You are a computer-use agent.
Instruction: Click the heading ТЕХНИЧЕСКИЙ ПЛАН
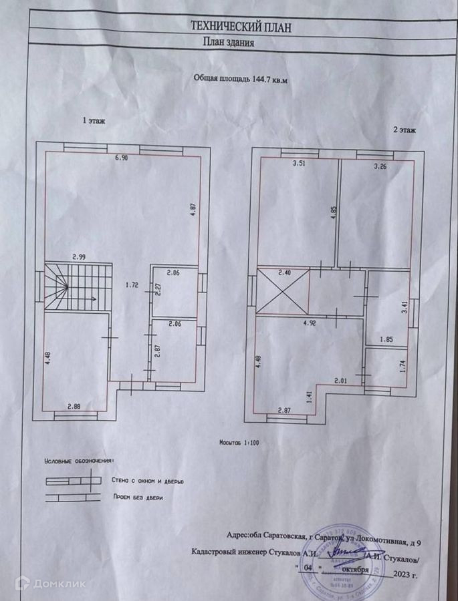(x=241, y=27)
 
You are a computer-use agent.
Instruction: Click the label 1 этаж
(x=93, y=121)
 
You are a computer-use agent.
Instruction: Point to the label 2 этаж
(x=405, y=130)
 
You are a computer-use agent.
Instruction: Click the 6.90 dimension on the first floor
(x=121, y=158)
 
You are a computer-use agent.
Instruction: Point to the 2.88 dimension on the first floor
(x=74, y=406)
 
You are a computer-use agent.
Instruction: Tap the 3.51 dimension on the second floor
(x=288, y=164)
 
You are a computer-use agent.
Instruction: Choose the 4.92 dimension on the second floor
(x=310, y=323)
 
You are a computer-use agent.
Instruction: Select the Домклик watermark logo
(x=51, y=583)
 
